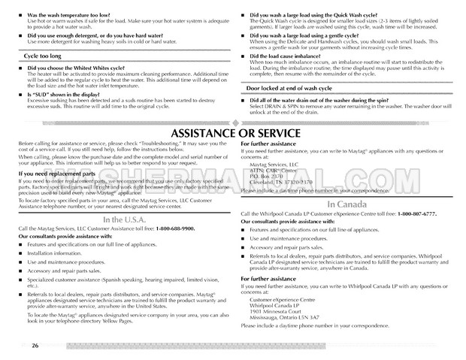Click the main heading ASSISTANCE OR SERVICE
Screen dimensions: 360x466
pos(232,135)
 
